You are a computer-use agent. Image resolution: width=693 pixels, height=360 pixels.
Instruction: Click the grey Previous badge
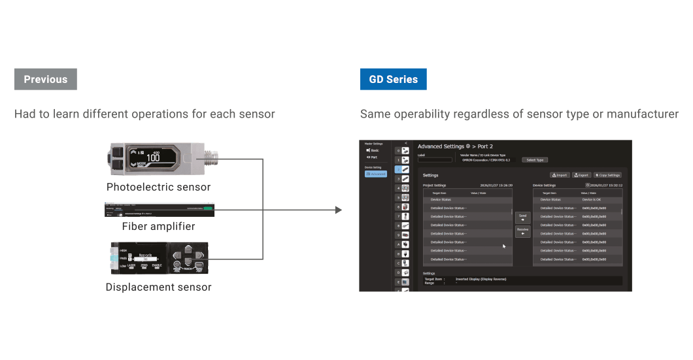pos(46,79)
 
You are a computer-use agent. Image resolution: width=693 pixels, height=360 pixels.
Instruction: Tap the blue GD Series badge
pos(393,79)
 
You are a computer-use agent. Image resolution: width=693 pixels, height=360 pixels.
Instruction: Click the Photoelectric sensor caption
pos(159,187)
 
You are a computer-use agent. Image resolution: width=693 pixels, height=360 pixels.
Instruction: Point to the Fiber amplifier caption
pos(158,226)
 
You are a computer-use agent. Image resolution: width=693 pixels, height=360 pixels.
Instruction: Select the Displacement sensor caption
pos(158,286)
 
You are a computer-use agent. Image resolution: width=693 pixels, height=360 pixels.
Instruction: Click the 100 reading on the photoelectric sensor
pos(153,158)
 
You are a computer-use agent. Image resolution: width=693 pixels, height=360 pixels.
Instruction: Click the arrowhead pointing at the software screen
pos(338,210)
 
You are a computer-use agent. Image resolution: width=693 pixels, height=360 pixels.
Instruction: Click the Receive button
pos(523,231)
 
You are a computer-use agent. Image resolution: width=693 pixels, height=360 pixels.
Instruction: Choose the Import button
pos(560,175)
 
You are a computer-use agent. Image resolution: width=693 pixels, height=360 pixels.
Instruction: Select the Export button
pos(581,175)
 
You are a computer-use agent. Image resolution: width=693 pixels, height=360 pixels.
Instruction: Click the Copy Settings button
pos(607,175)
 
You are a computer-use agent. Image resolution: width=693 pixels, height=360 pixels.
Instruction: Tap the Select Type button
pos(534,159)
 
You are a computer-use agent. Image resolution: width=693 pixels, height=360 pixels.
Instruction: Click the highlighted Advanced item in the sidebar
pos(376,174)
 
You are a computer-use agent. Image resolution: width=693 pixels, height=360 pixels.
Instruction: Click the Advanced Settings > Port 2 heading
pos(455,146)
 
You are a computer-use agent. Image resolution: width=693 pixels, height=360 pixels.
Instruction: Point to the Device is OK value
pos(591,199)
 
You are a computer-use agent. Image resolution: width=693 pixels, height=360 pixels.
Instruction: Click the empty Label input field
pos(435,159)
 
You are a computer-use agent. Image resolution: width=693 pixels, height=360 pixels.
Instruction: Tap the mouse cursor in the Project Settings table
pos(503,246)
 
